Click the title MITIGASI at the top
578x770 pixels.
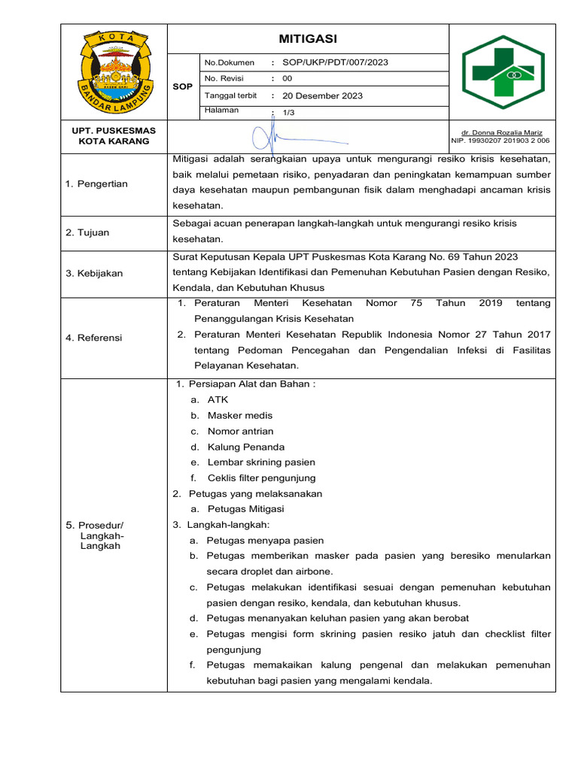click(x=308, y=38)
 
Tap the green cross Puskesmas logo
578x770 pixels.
click(x=501, y=73)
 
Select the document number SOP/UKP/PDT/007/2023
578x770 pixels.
click(x=335, y=62)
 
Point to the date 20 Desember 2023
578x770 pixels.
click(x=322, y=95)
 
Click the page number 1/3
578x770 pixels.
click(x=288, y=112)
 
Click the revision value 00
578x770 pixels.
click(x=287, y=79)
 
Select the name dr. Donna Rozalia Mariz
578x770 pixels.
click(x=501, y=132)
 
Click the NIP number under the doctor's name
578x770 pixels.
click(x=500, y=141)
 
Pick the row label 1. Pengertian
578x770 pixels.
click(x=97, y=183)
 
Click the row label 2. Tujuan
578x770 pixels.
click(x=87, y=232)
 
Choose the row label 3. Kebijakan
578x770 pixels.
click(x=94, y=273)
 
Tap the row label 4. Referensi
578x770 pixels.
click(x=94, y=338)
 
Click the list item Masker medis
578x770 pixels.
click(x=240, y=415)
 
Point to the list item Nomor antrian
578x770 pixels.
click(x=241, y=431)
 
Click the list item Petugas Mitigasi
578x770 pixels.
click(x=245, y=509)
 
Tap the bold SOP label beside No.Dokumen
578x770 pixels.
click(x=182, y=87)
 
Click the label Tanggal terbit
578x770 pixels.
click(x=230, y=95)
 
